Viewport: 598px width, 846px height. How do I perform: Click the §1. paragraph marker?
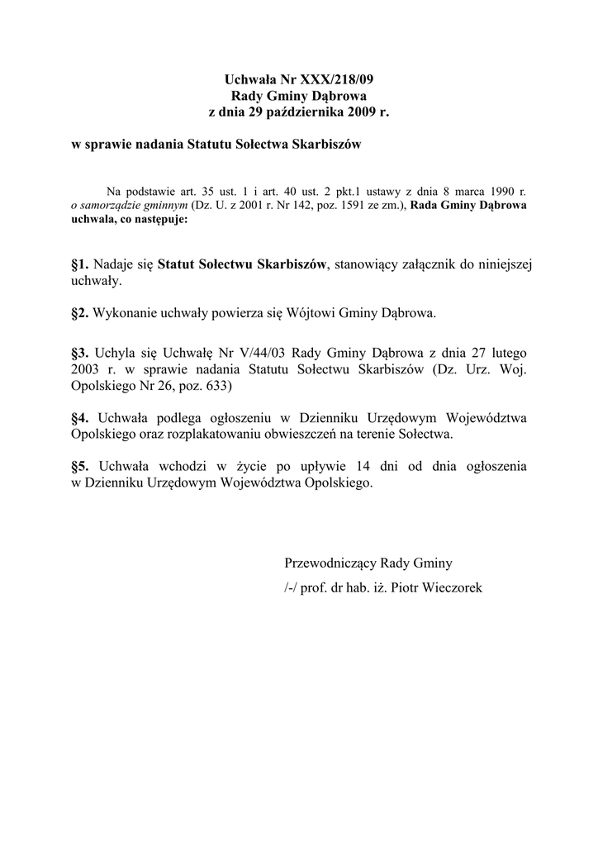point(81,264)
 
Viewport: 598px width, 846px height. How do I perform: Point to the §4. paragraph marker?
point(81,416)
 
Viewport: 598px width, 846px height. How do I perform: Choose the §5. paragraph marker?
point(81,466)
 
